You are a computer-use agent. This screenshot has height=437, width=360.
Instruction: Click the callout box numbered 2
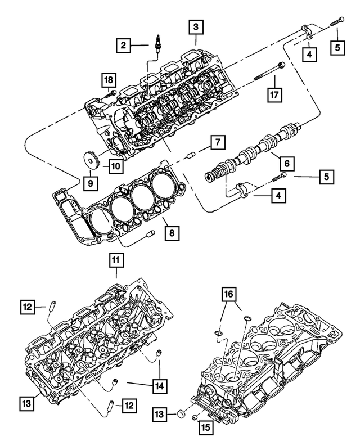124,44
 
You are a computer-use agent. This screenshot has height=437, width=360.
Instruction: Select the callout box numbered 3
195,26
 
